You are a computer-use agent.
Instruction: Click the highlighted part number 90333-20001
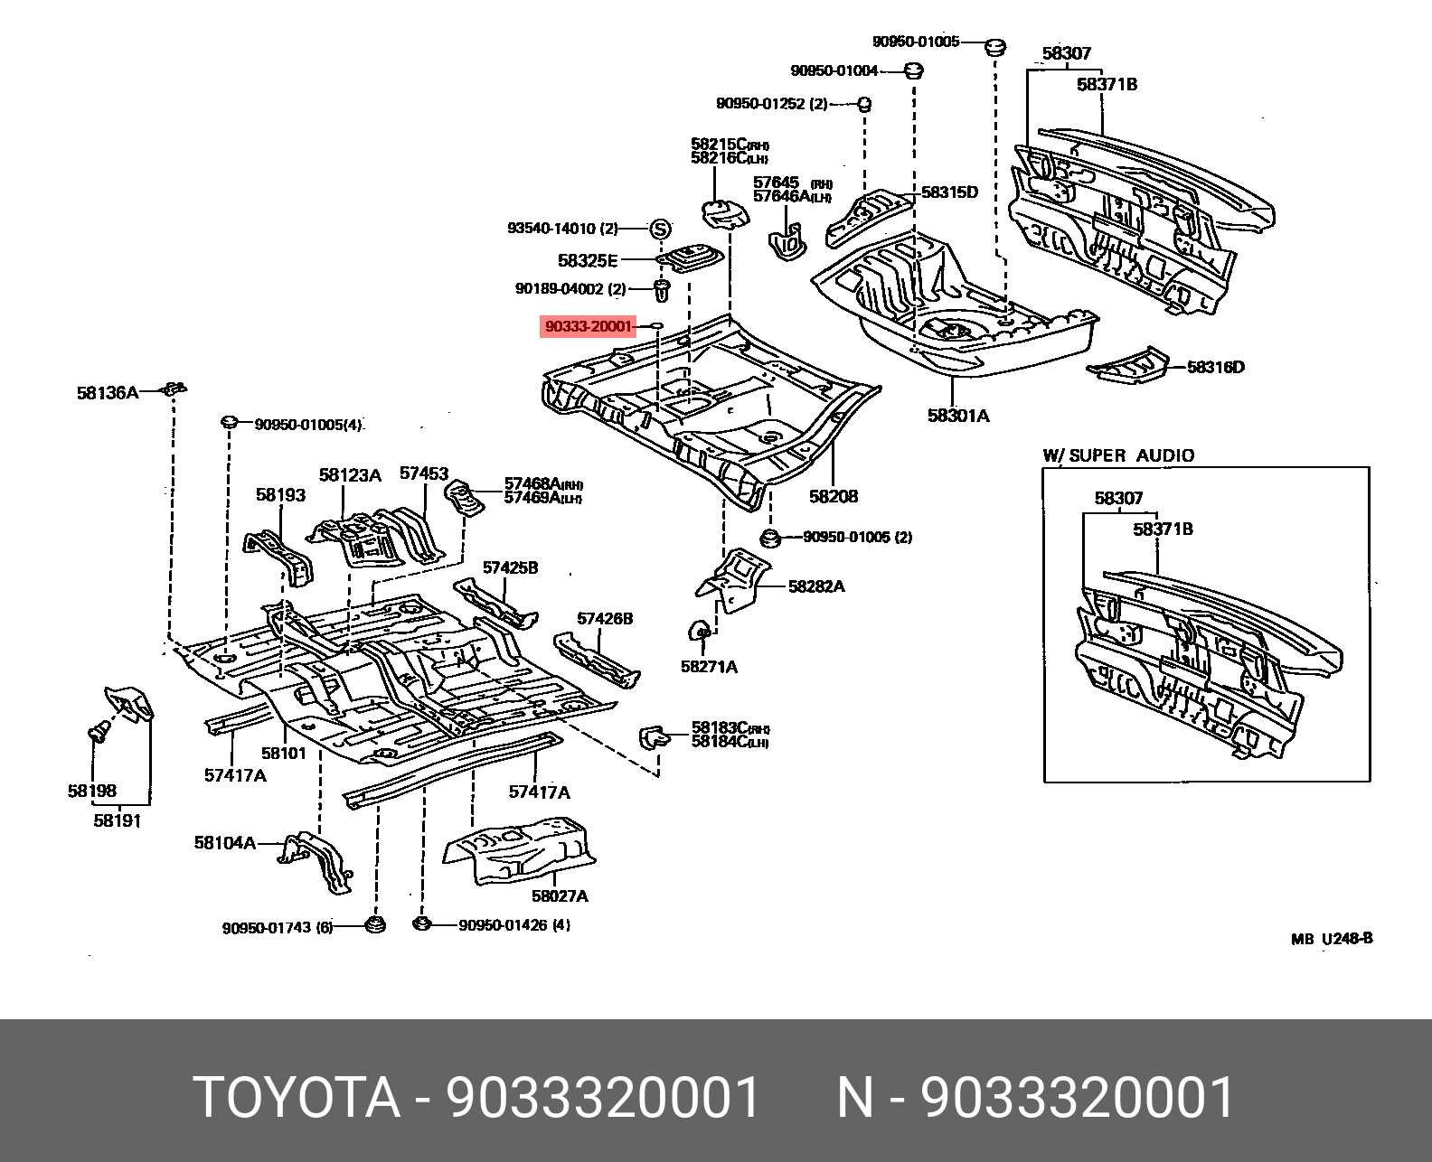coord(588,326)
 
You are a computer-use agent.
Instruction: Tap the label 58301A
coord(958,416)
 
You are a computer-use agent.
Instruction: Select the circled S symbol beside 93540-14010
coord(660,229)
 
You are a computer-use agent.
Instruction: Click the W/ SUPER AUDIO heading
coord(1118,455)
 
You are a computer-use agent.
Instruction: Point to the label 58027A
coord(560,895)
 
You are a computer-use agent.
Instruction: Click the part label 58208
coord(834,496)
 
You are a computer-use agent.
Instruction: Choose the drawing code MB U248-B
coord(1332,939)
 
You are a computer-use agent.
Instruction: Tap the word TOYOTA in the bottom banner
coord(297,1098)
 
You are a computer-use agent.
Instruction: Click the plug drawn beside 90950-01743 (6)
coord(374,924)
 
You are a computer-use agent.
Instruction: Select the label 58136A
coord(107,392)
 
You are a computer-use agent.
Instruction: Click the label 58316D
coord(1215,367)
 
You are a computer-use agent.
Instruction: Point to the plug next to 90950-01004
coord(913,70)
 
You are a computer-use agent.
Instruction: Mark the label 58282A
coord(816,586)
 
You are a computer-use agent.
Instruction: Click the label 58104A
coord(224,843)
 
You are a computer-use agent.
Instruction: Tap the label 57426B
coord(605,619)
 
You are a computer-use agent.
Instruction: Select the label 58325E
coord(588,261)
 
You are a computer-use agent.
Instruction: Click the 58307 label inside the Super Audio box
coord(1118,498)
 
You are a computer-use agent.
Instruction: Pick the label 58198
coord(91,791)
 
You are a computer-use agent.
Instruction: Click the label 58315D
coord(949,192)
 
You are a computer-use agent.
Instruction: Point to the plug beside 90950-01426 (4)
coord(420,923)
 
